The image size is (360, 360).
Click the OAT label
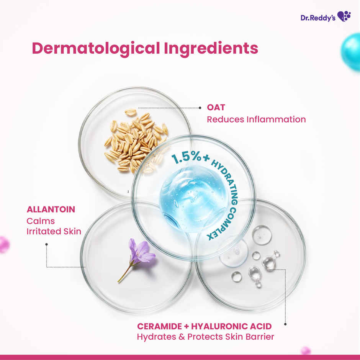216,108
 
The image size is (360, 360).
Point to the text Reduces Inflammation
256,119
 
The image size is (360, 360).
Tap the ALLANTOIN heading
51,209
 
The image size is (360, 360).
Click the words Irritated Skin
54,231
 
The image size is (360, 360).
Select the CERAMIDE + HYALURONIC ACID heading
205,326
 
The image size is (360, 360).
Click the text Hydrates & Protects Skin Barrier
206,337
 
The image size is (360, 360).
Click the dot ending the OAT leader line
200,108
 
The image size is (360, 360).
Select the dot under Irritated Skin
46,244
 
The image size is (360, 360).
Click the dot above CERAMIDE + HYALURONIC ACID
285,324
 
